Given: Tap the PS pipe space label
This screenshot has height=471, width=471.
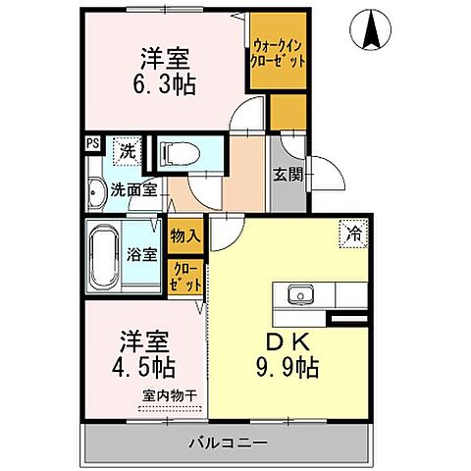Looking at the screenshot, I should point(92,143).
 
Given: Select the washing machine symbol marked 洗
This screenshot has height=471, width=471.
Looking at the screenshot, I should point(128,151).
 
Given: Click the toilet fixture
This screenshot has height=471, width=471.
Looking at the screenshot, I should point(179,153).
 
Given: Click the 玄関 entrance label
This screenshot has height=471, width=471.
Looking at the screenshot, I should point(287,176).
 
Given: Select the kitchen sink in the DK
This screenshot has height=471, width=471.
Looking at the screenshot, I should point(298,294).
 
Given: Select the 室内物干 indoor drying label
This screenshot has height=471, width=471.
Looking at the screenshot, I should point(169,395).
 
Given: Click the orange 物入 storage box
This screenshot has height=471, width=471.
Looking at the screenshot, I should point(185,235).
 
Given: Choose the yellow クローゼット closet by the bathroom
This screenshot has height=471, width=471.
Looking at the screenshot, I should point(185,276).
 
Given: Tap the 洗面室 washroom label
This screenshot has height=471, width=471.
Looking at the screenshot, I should point(133,188).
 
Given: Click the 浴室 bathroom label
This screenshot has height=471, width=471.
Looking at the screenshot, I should point(142,254).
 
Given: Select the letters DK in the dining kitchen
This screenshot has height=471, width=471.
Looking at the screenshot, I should point(286,344).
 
